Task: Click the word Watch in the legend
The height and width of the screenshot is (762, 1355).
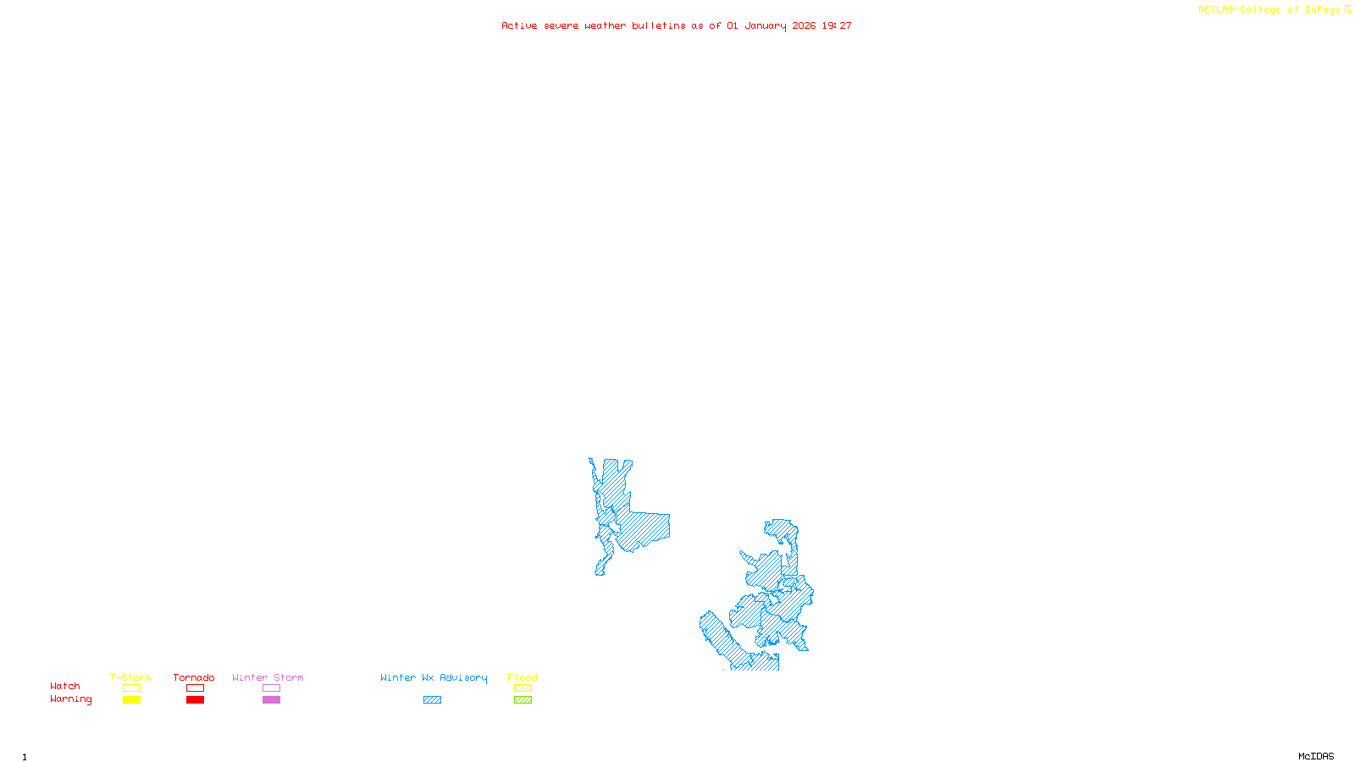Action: pyautogui.click(x=65, y=686)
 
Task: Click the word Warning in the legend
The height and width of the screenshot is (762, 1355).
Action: pyautogui.click(x=70, y=699)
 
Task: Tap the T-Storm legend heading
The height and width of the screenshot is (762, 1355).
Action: pyautogui.click(x=130, y=677)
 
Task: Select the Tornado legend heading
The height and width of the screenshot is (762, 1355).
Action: pyautogui.click(x=194, y=677)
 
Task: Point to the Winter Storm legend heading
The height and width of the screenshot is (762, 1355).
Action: pyautogui.click(x=268, y=677)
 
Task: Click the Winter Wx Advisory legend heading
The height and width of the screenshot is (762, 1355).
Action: pyautogui.click(x=434, y=677)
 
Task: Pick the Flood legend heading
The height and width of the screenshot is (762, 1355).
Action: pyautogui.click(x=523, y=677)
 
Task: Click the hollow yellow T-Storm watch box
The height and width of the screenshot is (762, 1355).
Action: pyautogui.click(x=131, y=688)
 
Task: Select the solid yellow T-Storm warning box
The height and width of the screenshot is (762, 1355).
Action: pyautogui.click(x=131, y=700)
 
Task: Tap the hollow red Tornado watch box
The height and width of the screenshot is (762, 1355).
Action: pyautogui.click(x=195, y=688)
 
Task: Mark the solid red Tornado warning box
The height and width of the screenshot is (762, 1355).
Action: pyautogui.click(x=195, y=700)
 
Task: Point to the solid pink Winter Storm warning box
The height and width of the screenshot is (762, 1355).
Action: pyautogui.click(x=271, y=700)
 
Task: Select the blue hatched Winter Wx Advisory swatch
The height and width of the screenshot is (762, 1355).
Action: pyautogui.click(x=432, y=700)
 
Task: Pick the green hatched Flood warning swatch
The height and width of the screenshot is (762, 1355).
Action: pyautogui.click(x=523, y=700)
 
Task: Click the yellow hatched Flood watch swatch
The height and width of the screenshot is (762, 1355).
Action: pyautogui.click(x=523, y=688)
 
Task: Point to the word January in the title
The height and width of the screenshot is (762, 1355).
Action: pyautogui.click(x=766, y=25)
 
